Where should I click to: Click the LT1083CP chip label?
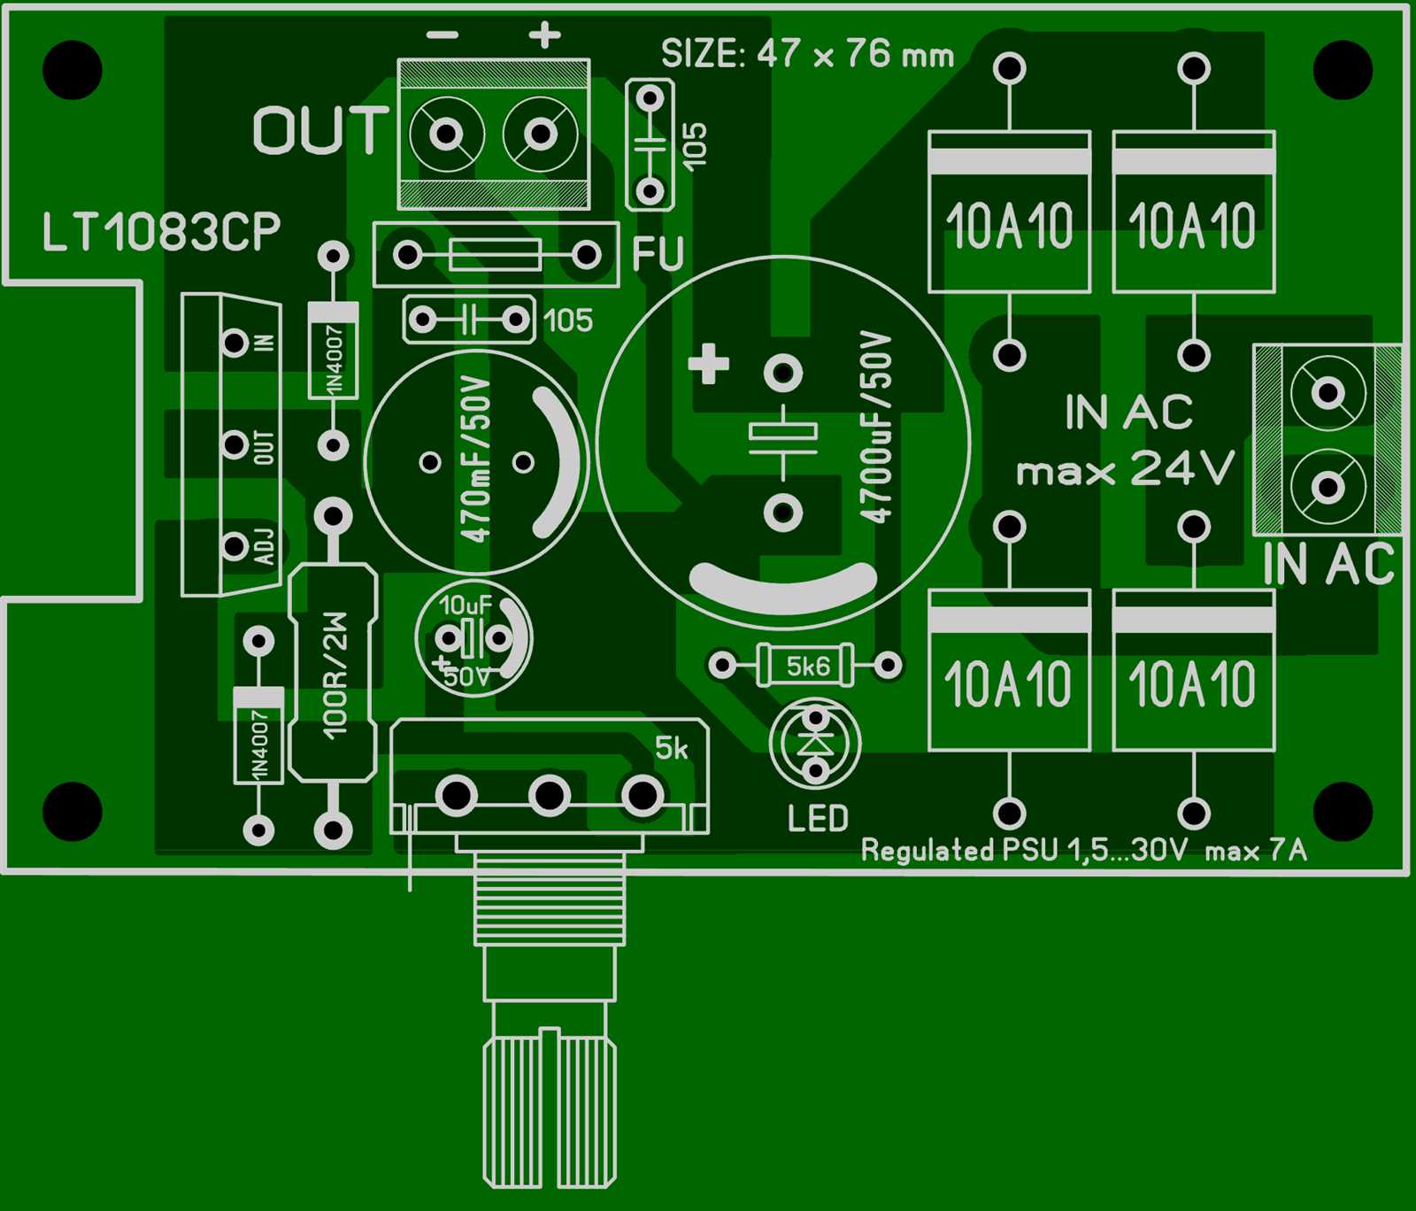click(x=161, y=232)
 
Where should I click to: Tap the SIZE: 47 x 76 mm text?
click(x=807, y=55)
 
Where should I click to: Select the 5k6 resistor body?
click(x=806, y=666)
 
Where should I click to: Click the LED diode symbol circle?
click(x=815, y=744)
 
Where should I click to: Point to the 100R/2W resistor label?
click(x=335, y=675)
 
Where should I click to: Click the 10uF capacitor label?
click(x=465, y=605)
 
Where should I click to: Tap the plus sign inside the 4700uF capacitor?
click(x=708, y=364)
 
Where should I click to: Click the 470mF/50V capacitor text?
click(x=475, y=459)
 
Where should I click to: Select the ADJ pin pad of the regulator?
click(x=235, y=546)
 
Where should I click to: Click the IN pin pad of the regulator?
click(x=235, y=342)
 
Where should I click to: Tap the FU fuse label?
click(x=658, y=254)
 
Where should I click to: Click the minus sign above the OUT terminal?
click(x=442, y=35)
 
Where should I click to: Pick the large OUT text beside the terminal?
click(x=320, y=131)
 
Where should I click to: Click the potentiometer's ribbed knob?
click(x=550, y=1111)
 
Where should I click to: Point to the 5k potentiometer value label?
click(x=671, y=749)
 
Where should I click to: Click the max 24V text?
click(x=1125, y=469)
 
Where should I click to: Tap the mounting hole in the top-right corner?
click(x=1343, y=70)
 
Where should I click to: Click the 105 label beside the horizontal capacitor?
click(x=568, y=320)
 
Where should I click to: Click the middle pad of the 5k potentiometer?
click(x=549, y=796)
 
